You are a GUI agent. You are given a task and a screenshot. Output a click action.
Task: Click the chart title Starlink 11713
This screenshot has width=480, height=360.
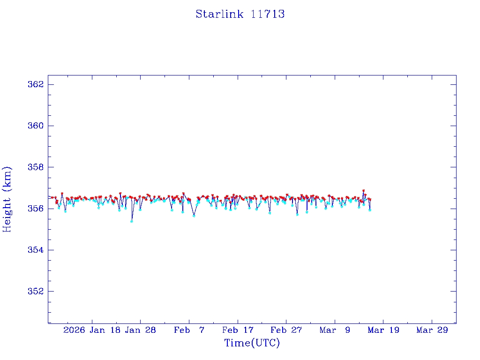point(240,14)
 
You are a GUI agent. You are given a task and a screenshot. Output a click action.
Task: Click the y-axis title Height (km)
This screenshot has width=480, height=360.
point(7,199)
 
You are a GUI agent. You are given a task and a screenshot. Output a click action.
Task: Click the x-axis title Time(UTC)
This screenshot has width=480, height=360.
point(252,343)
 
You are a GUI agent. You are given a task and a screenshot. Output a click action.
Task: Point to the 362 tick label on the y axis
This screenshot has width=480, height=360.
point(36,84)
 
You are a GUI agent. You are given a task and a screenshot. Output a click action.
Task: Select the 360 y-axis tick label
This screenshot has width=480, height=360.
point(36,126)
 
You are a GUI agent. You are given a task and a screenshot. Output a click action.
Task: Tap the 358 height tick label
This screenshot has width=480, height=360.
point(36,167)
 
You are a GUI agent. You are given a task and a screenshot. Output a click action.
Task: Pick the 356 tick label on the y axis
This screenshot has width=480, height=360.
point(36,208)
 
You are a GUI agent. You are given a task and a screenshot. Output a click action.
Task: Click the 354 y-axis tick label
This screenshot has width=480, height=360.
point(36,250)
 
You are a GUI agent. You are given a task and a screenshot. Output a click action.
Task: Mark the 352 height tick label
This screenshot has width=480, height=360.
point(36,291)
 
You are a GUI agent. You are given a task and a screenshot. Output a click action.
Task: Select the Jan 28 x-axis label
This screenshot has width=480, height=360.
point(140,330)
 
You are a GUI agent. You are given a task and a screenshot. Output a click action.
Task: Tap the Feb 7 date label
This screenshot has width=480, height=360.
point(189,330)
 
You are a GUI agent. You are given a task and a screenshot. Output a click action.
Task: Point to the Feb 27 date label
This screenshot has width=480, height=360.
point(286,330)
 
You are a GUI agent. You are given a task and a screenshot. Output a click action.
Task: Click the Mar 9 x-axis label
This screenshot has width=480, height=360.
point(335,330)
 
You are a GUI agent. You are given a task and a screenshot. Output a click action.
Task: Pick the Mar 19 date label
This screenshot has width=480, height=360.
point(383,330)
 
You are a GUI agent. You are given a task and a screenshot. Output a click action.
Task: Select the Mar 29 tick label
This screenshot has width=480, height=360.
point(432,330)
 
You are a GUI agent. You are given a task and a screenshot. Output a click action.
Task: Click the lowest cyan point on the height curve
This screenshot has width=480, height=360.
point(132,221)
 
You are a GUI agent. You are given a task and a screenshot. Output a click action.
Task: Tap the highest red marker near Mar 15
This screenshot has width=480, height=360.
point(363,191)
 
